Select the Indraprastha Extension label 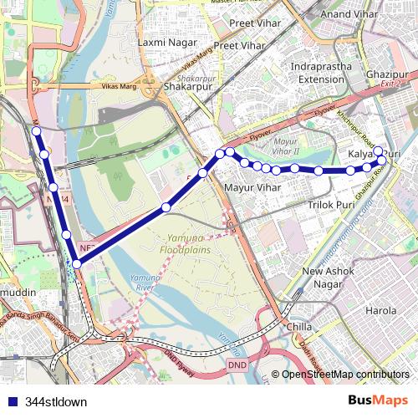[321, 73]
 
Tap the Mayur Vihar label [252, 188]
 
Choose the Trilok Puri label [332, 204]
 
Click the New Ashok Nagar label [328, 278]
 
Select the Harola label [382, 310]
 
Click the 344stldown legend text [56, 401]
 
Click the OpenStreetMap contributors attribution [344, 375]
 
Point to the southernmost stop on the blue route [77, 264]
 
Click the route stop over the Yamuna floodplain [166, 206]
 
